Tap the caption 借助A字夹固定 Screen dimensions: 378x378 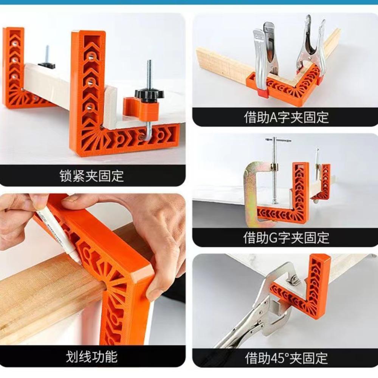coord(286,117)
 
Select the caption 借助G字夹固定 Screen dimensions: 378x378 coord(286,238)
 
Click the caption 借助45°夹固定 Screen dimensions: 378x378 coord(286,358)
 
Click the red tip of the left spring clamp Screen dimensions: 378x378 coord(262,92)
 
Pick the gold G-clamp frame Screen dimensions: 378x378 coord(251,189)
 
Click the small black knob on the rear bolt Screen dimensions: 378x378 coord(46,65)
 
